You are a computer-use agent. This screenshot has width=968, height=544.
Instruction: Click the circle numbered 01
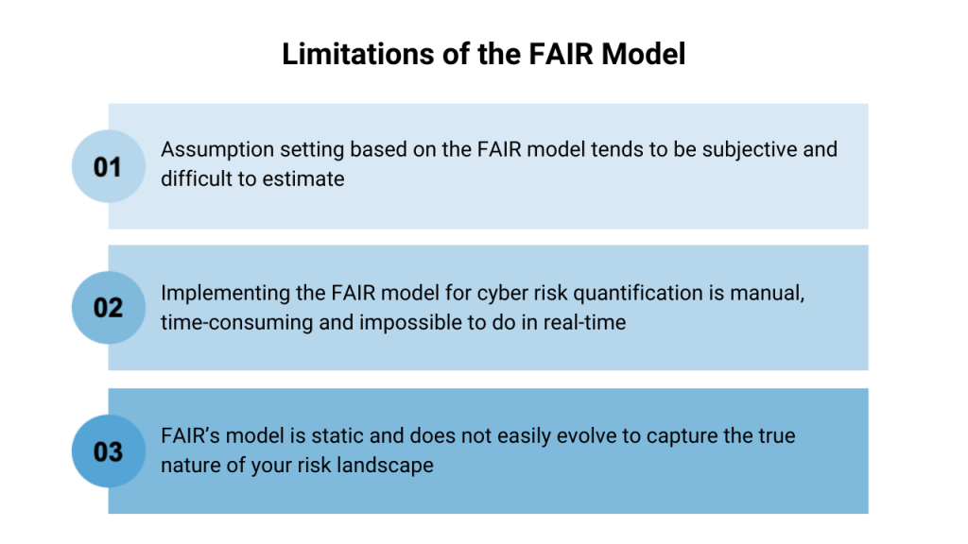tap(108, 166)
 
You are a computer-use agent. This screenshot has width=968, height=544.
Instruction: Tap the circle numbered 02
tap(108, 308)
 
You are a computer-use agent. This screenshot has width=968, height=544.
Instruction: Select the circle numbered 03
tap(108, 451)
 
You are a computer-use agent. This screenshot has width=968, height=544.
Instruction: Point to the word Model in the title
tap(643, 55)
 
